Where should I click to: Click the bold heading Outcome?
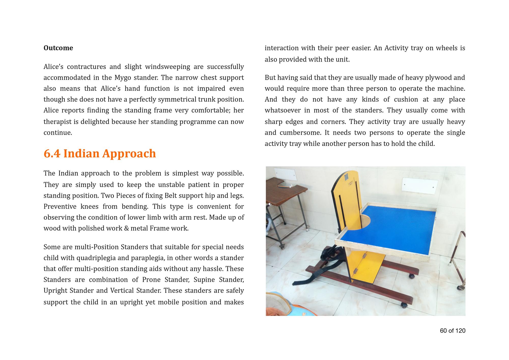click(58, 48)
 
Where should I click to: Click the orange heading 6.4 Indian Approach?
click(100, 154)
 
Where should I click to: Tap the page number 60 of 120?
click(453, 331)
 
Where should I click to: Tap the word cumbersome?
click(300, 133)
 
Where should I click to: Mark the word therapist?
click(58, 122)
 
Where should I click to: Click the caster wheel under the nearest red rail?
click(404, 306)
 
